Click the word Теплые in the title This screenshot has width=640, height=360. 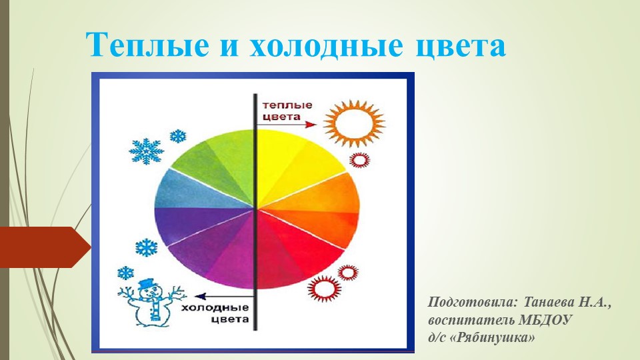tap(147, 44)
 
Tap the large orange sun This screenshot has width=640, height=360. tap(354, 123)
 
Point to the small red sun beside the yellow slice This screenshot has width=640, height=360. tap(359, 160)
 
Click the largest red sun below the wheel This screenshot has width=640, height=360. tap(325, 288)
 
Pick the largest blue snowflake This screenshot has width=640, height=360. tap(146, 150)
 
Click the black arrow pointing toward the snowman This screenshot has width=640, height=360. tap(225, 297)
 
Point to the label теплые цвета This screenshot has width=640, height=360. tap(287, 111)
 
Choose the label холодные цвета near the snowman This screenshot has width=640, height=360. tap(215, 313)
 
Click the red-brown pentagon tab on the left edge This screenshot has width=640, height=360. tap(45, 247)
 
